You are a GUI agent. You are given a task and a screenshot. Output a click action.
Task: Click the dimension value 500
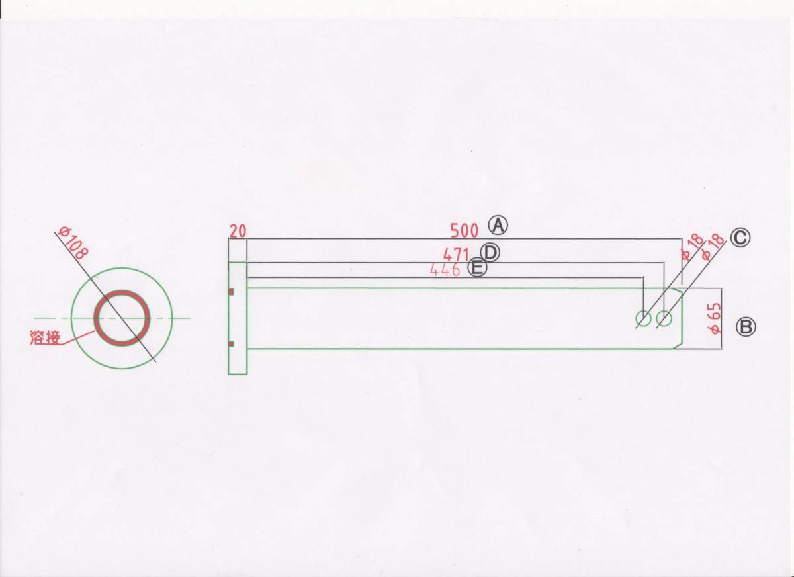tap(464, 231)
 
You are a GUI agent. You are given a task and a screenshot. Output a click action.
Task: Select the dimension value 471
tap(456, 255)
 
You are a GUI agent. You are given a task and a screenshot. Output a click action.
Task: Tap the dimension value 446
tap(445, 270)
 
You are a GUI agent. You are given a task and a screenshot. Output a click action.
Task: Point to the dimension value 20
tap(238, 231)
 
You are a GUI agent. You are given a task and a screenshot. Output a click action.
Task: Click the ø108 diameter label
tap(73, 243)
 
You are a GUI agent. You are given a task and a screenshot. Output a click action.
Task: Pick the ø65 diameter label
tap(715, 318)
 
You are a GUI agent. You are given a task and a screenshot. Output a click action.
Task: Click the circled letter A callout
tap(498, 226)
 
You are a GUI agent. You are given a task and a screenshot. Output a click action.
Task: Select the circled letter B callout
tap(746, 327)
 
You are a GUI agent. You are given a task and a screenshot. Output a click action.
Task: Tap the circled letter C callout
tap(740, 238)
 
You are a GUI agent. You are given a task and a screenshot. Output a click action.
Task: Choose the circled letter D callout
tap(490, 253)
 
